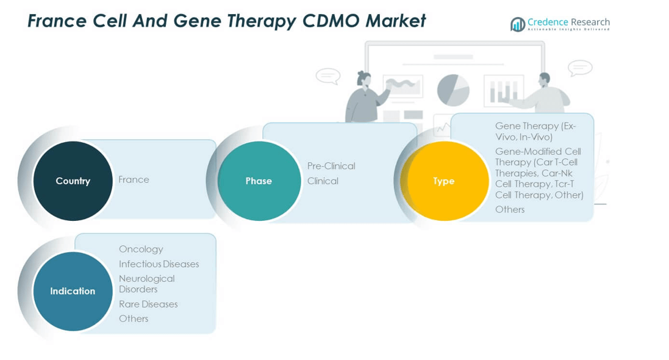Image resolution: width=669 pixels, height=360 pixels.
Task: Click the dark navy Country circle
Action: pyautogui.click(x=73, y=181)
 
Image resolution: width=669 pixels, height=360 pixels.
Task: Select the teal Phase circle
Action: pyautogui.click(x=259, y=181)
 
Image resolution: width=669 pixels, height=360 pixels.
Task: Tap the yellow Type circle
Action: pyautogui.click(x=444, y=181)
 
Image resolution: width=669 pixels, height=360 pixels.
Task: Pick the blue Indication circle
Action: pyautogui.click(x=73, y=291)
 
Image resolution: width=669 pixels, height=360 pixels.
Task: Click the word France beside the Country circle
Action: pyautogui.click(x=134, y=179)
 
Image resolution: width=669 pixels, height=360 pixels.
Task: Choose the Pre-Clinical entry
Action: pyautogui.click(x=331, y=166)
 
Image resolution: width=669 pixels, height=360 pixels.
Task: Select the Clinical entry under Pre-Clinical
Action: pyautogui.click(x=323, y=181)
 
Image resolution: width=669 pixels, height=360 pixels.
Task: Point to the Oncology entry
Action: pyautogui.click(x=141, y=249)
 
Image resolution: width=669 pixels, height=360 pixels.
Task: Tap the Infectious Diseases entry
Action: pyautogui.click(x=159, y=264)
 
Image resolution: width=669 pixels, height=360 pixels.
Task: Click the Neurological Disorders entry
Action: pyautogui.click(x=146, y=284)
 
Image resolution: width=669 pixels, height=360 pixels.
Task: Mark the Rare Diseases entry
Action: pyautogui.click(x=148, y=304)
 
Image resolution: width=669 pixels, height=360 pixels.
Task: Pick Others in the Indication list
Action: pyautogui.click(x=134, y=319)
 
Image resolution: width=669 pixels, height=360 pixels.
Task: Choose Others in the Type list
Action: pyautogui.click(x=510, y=209)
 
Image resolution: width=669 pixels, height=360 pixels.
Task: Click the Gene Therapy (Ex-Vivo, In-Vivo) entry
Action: pyautogui.click(x=535, y=131)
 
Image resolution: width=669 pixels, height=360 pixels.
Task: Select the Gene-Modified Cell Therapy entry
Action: pyautogui.click(x=538, y=173)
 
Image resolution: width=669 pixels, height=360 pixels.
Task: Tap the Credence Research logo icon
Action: pyautogui.click(x=518, y=24)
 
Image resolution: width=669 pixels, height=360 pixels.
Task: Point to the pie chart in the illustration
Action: pyautogui.click(x=453, y=90)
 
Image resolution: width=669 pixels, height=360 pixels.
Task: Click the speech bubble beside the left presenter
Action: pyautogui.click(x=327, y=76)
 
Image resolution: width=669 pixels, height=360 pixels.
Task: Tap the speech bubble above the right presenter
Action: pyautogui.click(x=579, y=68)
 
